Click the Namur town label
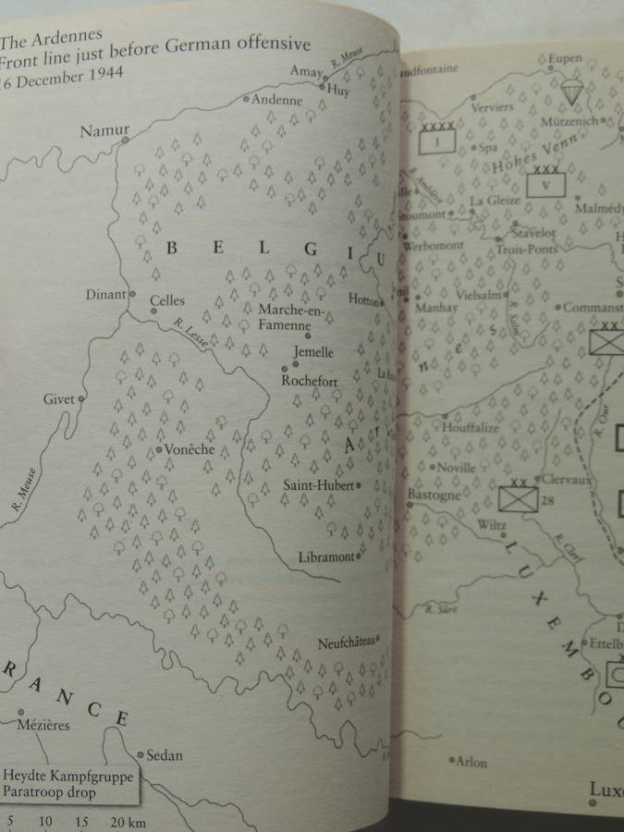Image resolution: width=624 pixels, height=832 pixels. click(104, 130)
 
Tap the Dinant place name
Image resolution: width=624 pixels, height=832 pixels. click(105, 295)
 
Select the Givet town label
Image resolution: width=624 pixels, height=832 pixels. click(58, 399)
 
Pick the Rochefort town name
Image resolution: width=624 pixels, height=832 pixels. click(309, 380)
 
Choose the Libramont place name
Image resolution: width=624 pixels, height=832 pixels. click(326, 557)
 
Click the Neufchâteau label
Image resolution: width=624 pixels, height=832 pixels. click(346, 643)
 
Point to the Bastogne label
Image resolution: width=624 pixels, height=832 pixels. click(434, 495)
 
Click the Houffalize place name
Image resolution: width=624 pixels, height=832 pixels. click(471, 428)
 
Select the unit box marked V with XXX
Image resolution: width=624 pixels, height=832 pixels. click(545, 183)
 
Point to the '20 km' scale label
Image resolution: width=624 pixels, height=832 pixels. click(128, 822)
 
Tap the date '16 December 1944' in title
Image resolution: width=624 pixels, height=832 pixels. click(69, 77)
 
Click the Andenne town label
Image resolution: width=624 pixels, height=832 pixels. click(278, 99)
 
